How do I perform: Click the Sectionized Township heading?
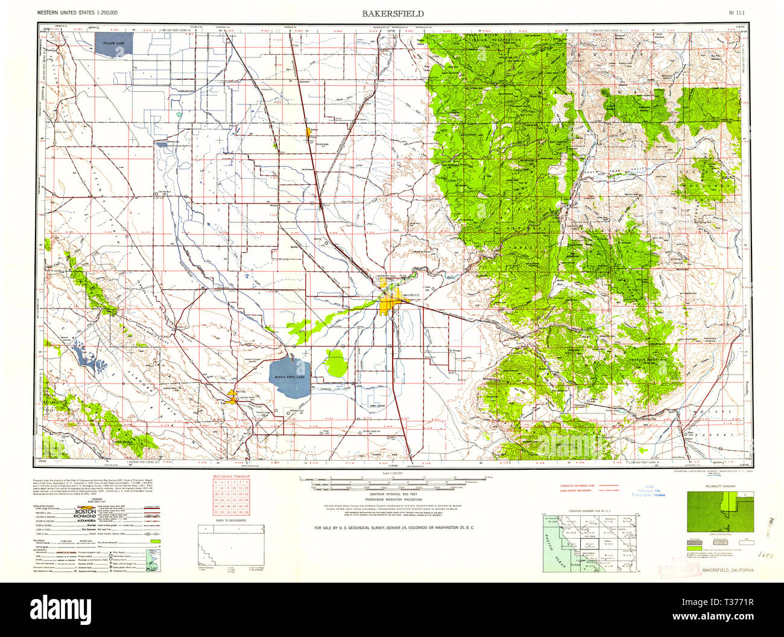coord(231,477)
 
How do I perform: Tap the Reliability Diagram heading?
coord(719,485)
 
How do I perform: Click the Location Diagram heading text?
coord(589,511)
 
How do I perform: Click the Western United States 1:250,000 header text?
coord(77,13)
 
